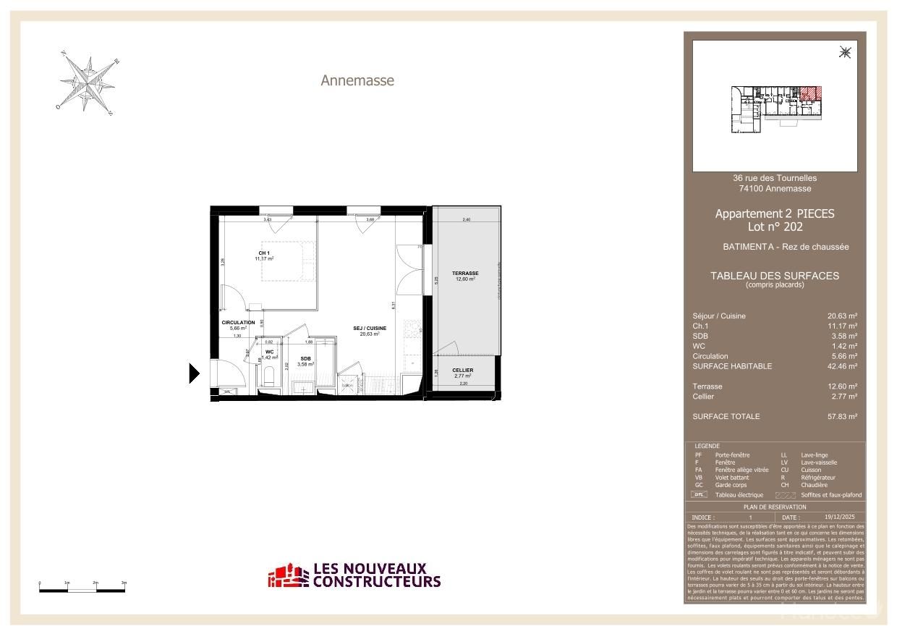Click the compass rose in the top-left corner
(88, 84)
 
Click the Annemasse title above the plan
(357, 80)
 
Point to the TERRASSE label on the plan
(465, 274)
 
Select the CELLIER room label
(462, 371)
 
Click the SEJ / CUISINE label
(370, 329)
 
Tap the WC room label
(269, 352)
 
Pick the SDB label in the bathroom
(306, 358)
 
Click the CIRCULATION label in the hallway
(238, 323)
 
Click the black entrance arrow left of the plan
(193, 373)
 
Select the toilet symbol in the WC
(269, 376)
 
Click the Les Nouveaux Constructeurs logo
(354, 576)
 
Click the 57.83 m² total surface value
(842, 417)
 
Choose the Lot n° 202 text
(775, 227)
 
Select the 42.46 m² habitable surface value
(842, 366)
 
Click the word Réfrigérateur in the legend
(818, 478)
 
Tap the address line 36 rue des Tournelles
(775, 178)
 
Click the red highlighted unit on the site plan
(811, 93)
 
